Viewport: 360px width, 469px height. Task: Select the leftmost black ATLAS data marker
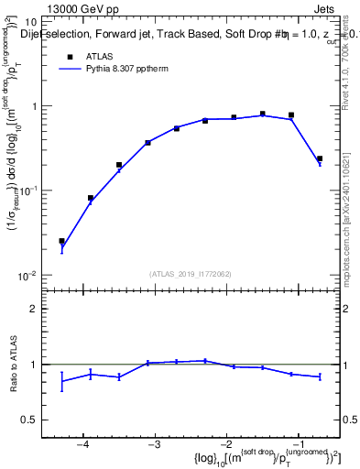point(62,241)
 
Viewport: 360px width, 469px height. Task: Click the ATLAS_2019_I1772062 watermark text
point(189,273)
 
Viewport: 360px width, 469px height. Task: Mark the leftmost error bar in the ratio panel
point(62,381)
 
